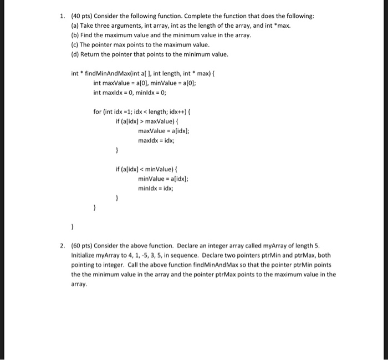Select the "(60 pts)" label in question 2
tap(82, 246)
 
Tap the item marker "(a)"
tap(76, 26)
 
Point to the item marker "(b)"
tap(76, 35)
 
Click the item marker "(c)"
tap(75, 44)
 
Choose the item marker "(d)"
tap(76, 54)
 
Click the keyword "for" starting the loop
tap(98, 111)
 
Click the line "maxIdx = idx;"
tap(156, 140)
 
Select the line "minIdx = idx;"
tap(156, 188)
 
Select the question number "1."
tap(63, 16)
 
